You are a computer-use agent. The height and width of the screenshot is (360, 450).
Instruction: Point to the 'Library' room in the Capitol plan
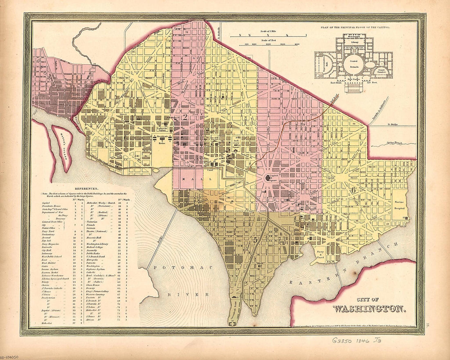353,42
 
